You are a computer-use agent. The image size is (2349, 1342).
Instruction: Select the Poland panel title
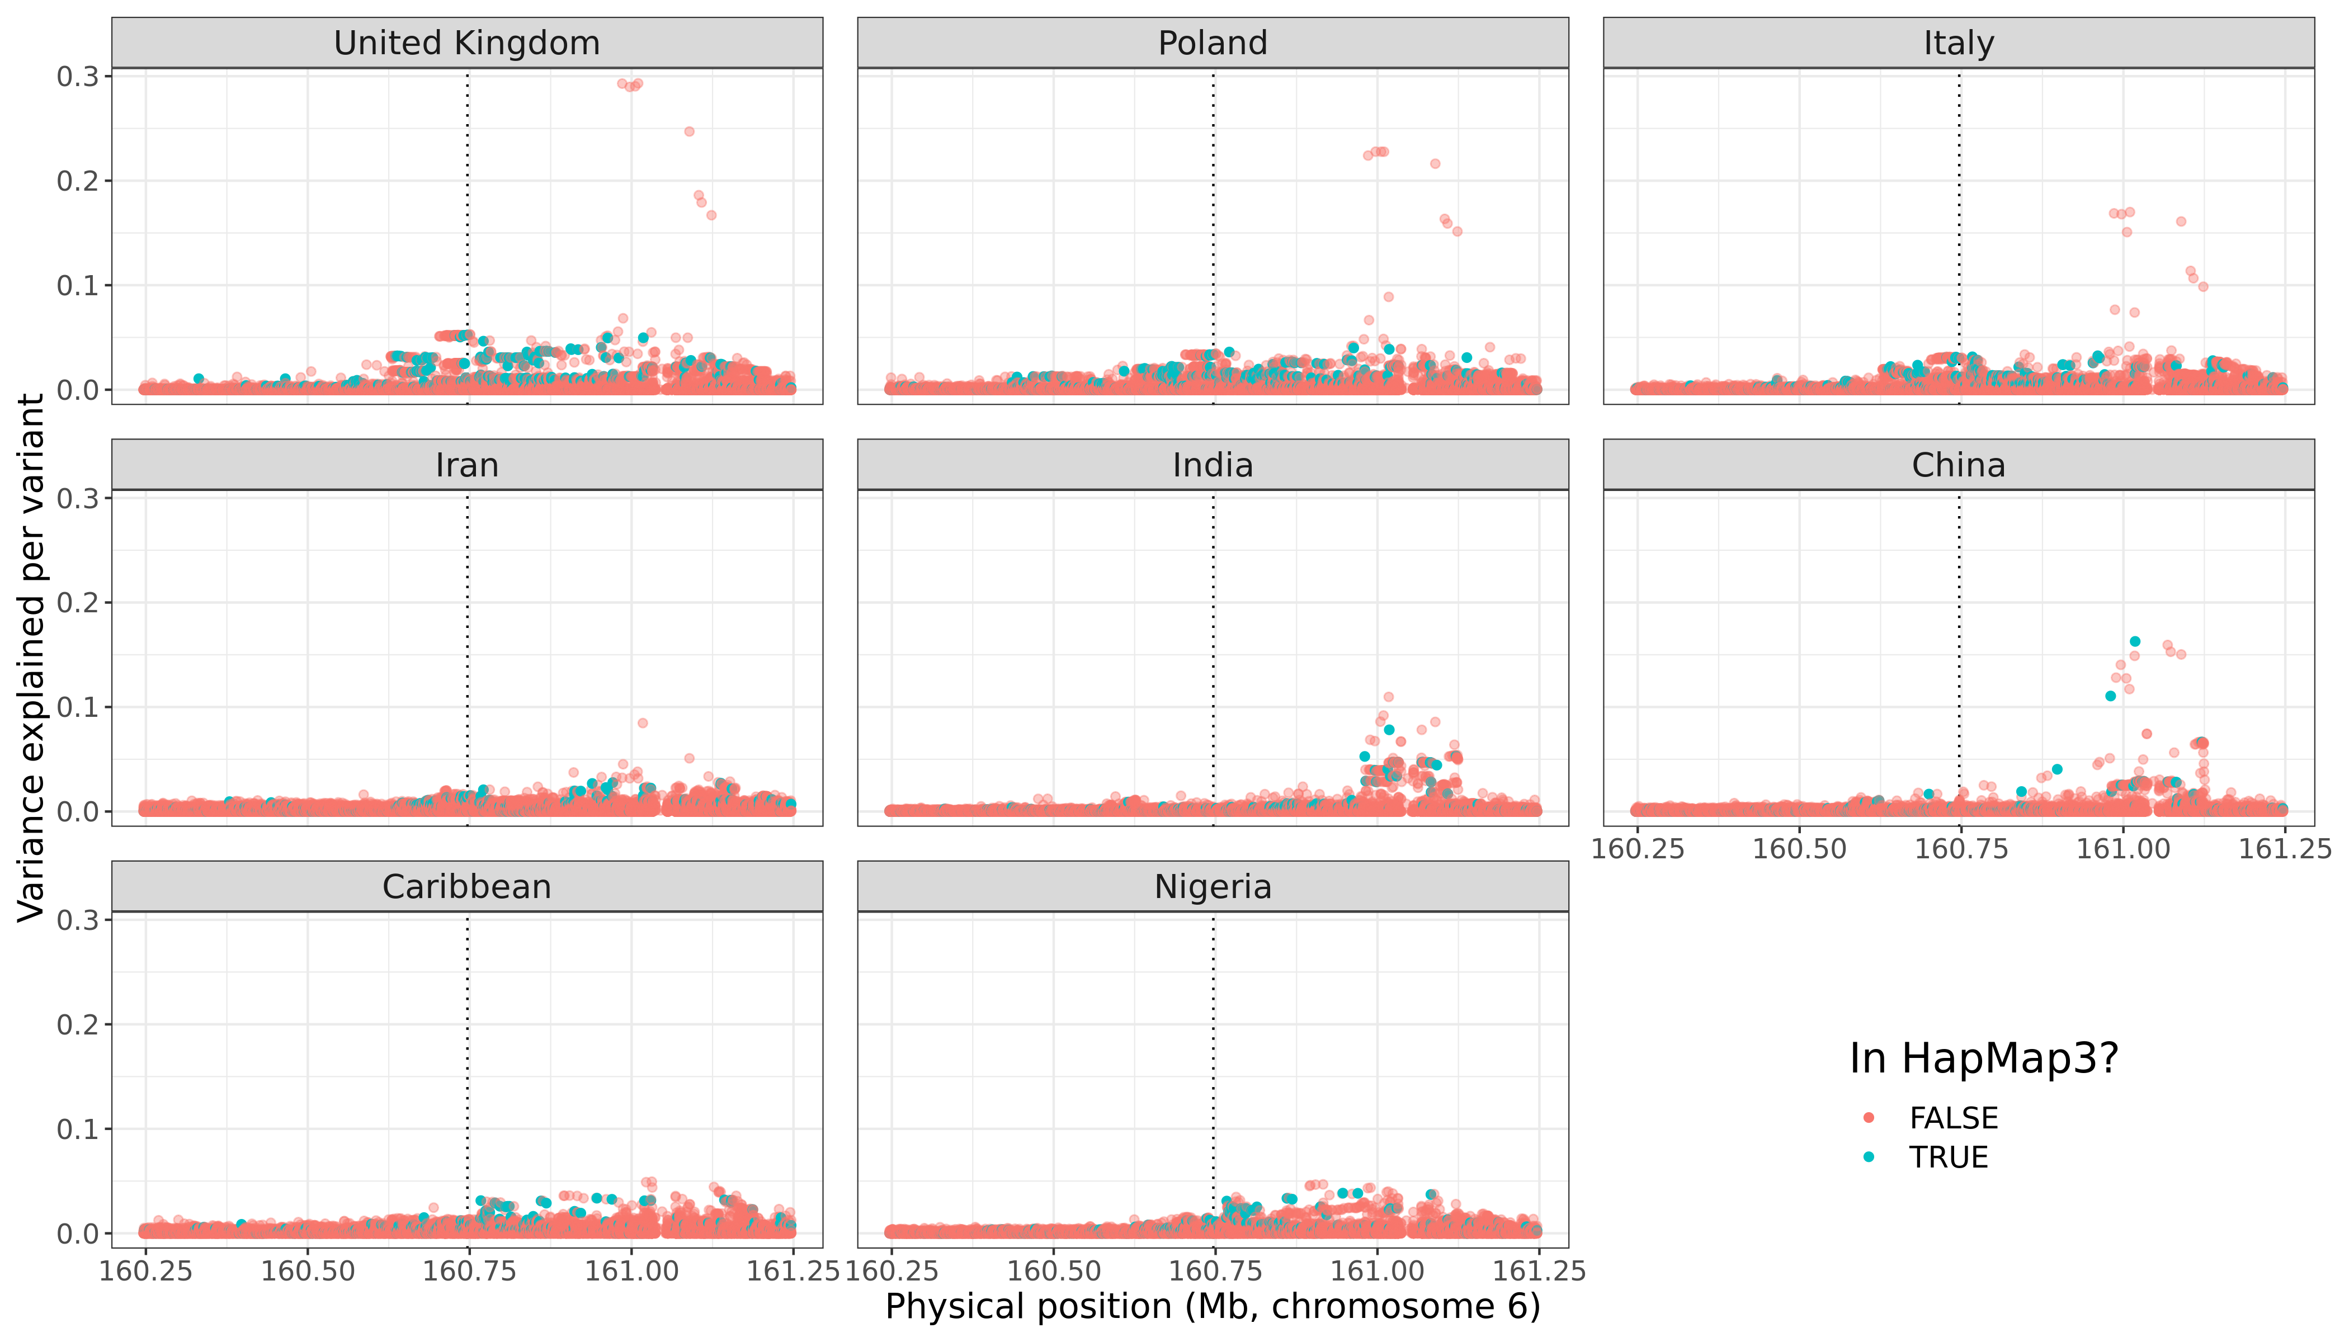[x=1213, y=43]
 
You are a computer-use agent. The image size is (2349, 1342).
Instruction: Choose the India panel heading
[x=1213, y=465]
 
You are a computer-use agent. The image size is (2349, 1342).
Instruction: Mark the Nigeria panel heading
[x=1213, y=887]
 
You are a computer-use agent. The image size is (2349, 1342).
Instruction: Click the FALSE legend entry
[x=1952, y=1118]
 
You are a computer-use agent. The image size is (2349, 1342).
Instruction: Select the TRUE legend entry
[x=1948, y=1157]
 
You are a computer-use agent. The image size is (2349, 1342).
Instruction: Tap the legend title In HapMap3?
[x=1984, y=1058]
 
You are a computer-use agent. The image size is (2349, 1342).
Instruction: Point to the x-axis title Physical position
[x=1213, y=1307]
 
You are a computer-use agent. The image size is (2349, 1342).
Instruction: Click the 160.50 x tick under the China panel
[x=1799, y=849]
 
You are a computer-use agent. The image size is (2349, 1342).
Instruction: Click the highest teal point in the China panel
[x=2134, y=641]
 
